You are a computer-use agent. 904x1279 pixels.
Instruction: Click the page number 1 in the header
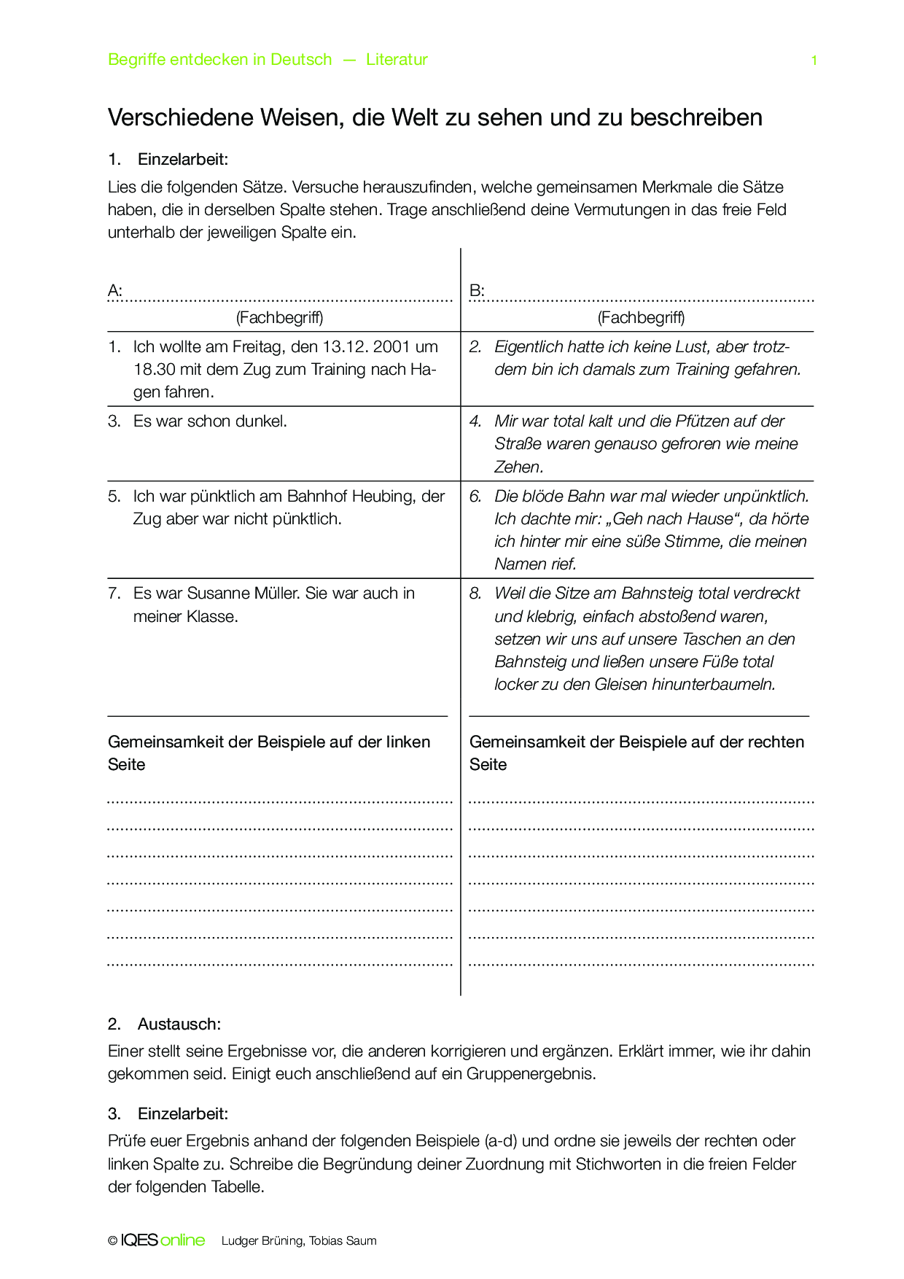tap(814, 61)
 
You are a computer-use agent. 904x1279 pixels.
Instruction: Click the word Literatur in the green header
tap(397, 60)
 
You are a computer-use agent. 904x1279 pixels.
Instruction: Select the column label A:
tap(115, 291)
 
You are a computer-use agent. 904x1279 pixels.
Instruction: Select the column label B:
tap(477, 291)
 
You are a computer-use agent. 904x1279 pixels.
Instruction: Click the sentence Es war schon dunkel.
tap(210, 421)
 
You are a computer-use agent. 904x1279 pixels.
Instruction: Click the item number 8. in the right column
tap(475, 594)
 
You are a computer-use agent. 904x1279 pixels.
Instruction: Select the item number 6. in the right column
tap(475, 497)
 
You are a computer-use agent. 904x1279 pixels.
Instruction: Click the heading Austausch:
tap(179, 1025)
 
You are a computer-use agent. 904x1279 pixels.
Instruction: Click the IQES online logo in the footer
tap(162, 1240)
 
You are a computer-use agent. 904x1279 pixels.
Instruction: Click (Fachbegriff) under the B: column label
tap(641, 318)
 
